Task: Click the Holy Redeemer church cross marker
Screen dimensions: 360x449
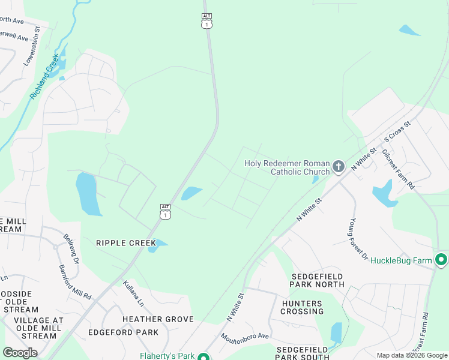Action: [x=339, y=166]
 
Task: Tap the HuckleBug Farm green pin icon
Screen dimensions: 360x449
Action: [x=441, y=260]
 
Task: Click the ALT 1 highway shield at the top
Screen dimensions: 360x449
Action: [x=206, y=20]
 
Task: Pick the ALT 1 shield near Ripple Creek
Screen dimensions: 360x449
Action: [x=165, y=211]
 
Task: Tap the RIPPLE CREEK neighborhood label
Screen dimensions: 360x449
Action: [x=125, y=243]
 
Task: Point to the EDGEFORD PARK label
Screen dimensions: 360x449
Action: [x=123, y=332]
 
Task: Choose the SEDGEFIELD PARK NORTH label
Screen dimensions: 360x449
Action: [x=318, y=280]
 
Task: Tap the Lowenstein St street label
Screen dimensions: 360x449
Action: [x=32, y=46]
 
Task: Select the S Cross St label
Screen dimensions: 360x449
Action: [x=397, y=131]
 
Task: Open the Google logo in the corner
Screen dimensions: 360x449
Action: [x=20, y=353]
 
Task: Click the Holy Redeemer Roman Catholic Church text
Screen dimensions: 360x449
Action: [x=287, y=167]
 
